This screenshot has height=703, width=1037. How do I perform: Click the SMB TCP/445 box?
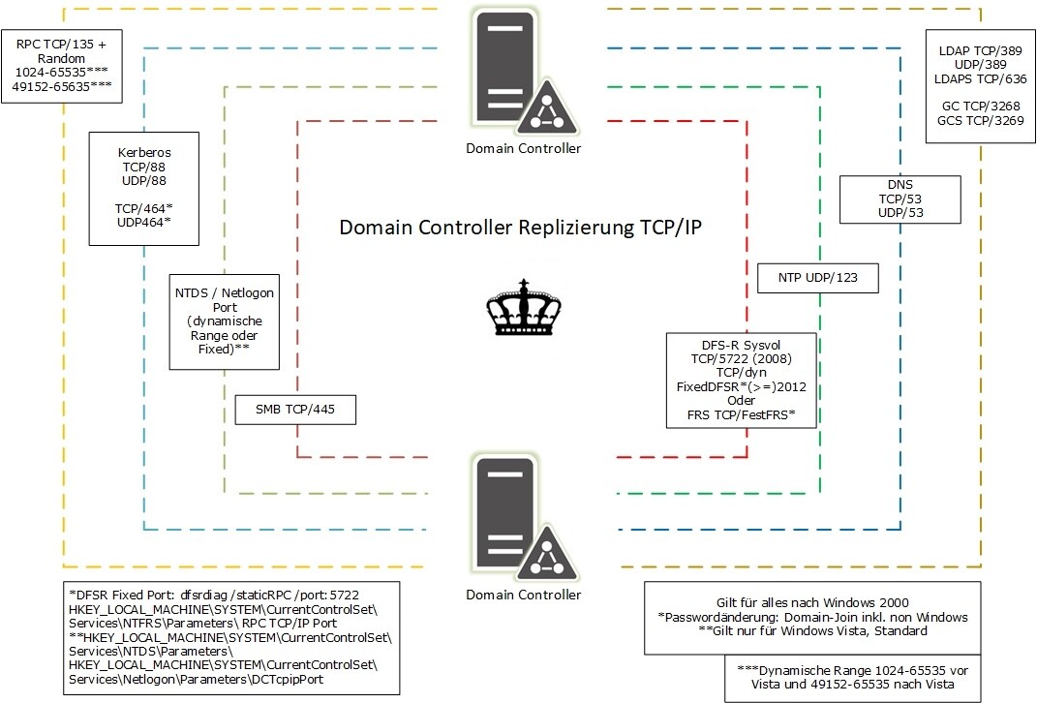pyautogui.click(x=295, y=410)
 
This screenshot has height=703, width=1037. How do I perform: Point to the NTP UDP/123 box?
pyautogui.click(x=816, y=278)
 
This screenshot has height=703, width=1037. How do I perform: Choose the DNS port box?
pyautogui.click(x=900, y=199)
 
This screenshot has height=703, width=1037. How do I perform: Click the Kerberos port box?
pyautogui.click(x=143, y=188)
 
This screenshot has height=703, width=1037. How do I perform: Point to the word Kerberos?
pyautogui.click(x=143, y=154)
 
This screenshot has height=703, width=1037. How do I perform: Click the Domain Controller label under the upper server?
pyautogui.click(x=523, y=148)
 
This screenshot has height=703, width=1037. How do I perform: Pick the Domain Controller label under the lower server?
pyautogui.click(x=523, y=594)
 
